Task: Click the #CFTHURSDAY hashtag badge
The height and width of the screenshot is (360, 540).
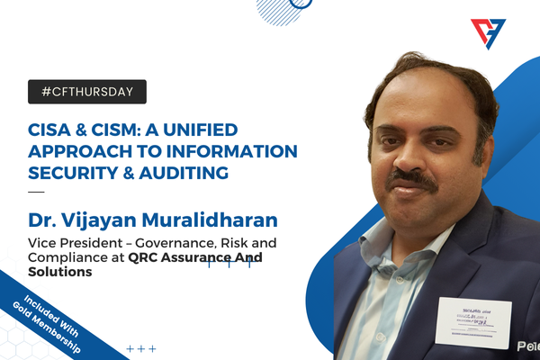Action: (x=87, y=91)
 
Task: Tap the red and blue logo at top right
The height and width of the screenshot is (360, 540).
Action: (x=488, y=34)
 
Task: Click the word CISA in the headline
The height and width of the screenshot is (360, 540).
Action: (x=53, y=129)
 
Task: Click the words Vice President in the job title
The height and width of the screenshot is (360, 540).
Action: (x=71, y=241)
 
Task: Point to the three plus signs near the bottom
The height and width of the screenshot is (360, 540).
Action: (x=140, y=348)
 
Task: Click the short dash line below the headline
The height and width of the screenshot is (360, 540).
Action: (x=35, y=192)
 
